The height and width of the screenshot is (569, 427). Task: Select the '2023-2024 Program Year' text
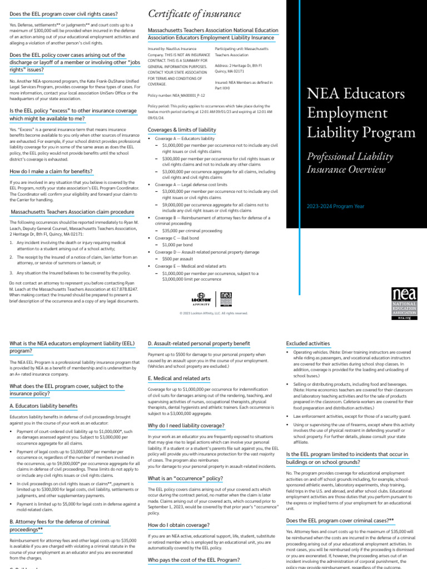coord(335,206)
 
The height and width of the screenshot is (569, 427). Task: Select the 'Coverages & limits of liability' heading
coord(182,129)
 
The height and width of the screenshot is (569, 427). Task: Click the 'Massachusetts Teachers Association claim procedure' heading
coord(72,212)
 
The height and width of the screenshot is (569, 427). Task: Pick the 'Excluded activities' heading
coord(307,343)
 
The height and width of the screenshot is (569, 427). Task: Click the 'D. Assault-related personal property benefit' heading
coord(198,343)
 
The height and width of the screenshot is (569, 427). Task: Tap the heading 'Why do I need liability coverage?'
coord(186,425)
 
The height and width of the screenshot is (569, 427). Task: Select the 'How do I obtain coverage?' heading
coord(178,525)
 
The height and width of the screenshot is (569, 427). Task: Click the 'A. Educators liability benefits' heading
coord(43,406)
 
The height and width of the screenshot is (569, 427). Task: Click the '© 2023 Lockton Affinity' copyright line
coord(213,313)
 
